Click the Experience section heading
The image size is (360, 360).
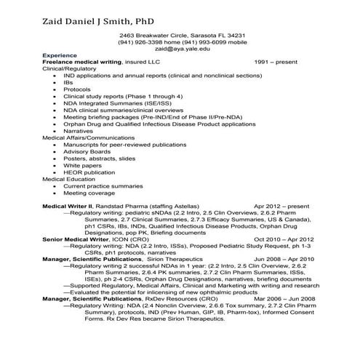pyautogui.click(x=60, y=55)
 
